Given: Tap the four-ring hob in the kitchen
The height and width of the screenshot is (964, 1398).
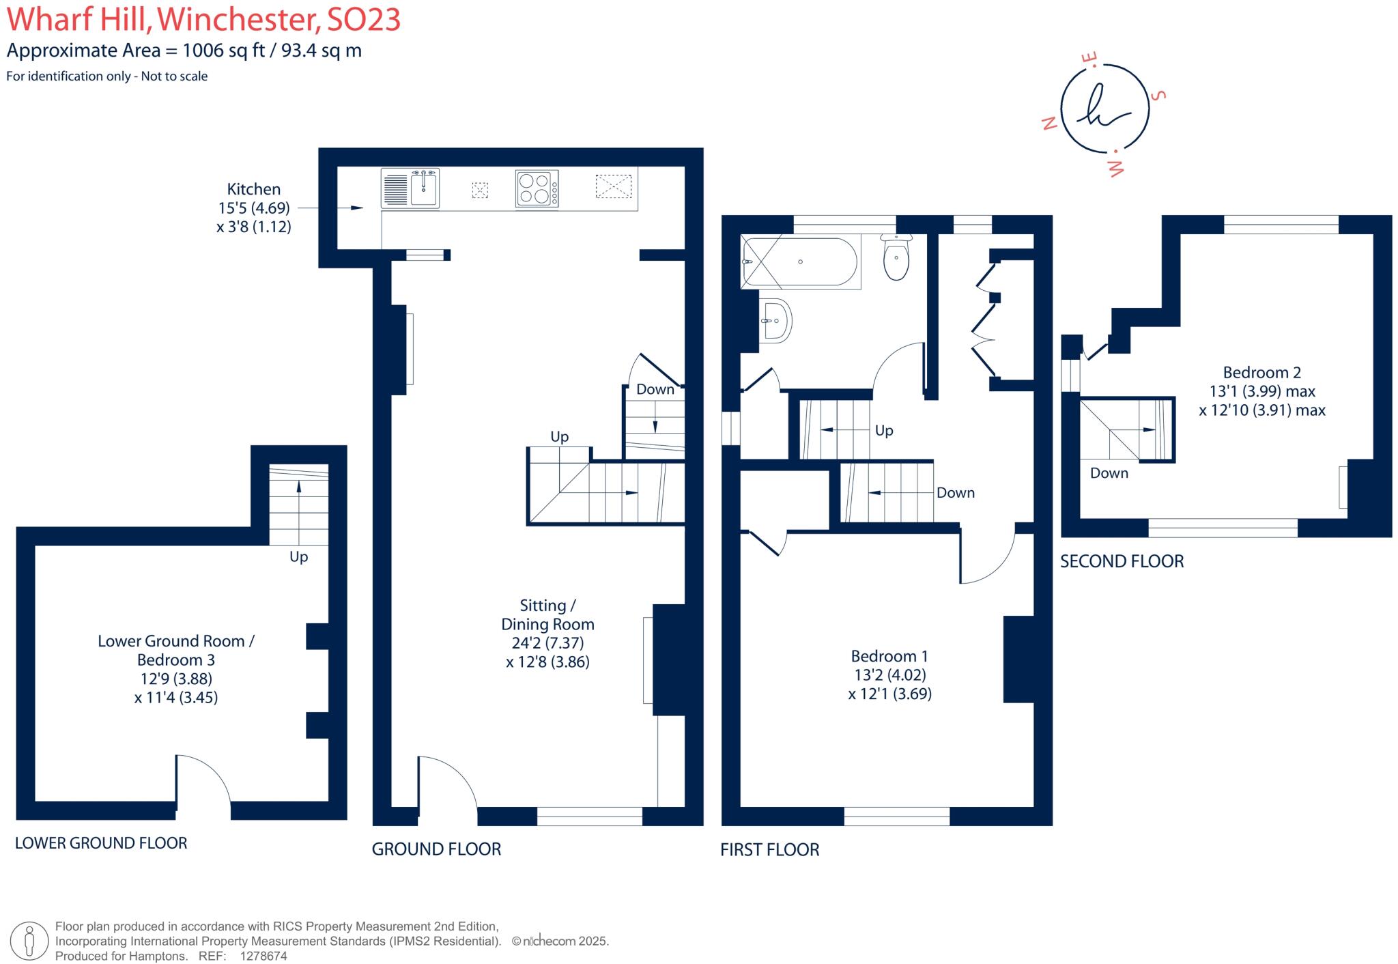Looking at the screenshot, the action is pyautogui.click(x=537, y=188).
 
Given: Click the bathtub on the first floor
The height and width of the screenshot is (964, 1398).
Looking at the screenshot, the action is pyautogui.click(x=800, y=261).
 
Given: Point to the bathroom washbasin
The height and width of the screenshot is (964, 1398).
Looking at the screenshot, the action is pyautogui.click(x=776, y=320).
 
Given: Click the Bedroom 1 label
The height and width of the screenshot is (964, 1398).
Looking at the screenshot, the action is pyautogui.click(x=889, y=656).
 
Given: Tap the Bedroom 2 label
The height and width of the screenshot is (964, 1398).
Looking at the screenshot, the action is pyautogui.click(x=1261, y=372).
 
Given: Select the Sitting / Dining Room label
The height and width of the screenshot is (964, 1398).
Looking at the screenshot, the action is pyautogui.click(x=547, y=614).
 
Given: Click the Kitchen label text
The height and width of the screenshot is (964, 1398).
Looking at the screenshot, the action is pyautogui.click(x=254, y=189).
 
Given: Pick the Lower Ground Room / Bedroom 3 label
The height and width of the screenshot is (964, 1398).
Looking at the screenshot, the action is pyautogui.click(x=176, y=650).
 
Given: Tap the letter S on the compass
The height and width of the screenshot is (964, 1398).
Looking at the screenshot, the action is pyautogui.click(x=1158, y=95).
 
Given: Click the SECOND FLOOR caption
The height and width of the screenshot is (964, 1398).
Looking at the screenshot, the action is pyautogui.click(x=1122, y=561).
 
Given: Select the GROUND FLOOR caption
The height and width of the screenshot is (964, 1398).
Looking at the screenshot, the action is pyautogui.click(x=436, y=849).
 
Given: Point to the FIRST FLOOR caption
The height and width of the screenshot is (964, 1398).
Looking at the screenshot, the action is pyautogui.click(x=769, y=849).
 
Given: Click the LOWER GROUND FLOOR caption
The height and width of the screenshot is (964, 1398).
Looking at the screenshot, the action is pyautogui.click(x=101, y=843).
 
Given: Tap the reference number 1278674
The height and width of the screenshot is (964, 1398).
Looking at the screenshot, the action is pyautogui.click(x=263, y=956).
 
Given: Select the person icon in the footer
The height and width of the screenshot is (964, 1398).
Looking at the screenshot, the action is pyautogui.click(x=29, y=940).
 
